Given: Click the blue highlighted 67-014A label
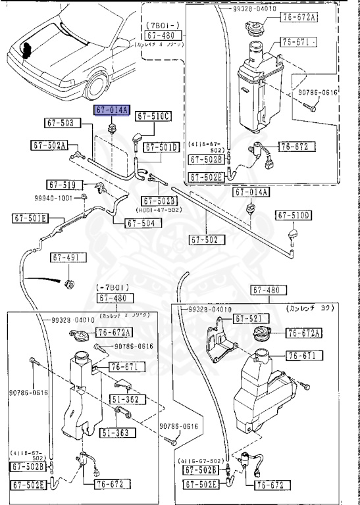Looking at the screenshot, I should pyautogui.click(x=113, y=110).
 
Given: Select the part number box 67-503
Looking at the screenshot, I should pyautogui.click(x=63, y=122).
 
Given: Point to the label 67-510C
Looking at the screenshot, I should pyautogui.click(x=153, y=116).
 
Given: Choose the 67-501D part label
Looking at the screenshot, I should pyautogui.click(x=162, y=147).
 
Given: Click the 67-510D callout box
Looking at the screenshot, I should pyautogui.click(x=293, y=215).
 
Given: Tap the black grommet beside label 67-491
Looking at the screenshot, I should pyautogui.click(x=70, y=283).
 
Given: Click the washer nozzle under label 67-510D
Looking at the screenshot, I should pyautogui.click(x=293, y=234).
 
